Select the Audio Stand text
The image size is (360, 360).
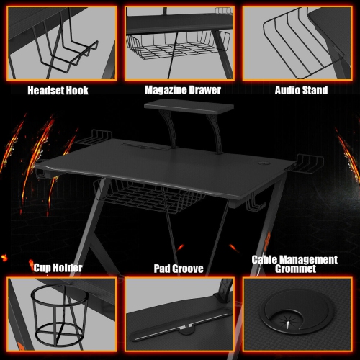pyautogui.click(x=301, y=91)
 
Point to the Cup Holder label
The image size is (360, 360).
pyautogui.click(x=58, y=268)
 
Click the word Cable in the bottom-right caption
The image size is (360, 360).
pyautogui.click(x=265, y=259)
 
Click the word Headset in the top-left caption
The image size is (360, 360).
pyautogui.click(x=46, y=91)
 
